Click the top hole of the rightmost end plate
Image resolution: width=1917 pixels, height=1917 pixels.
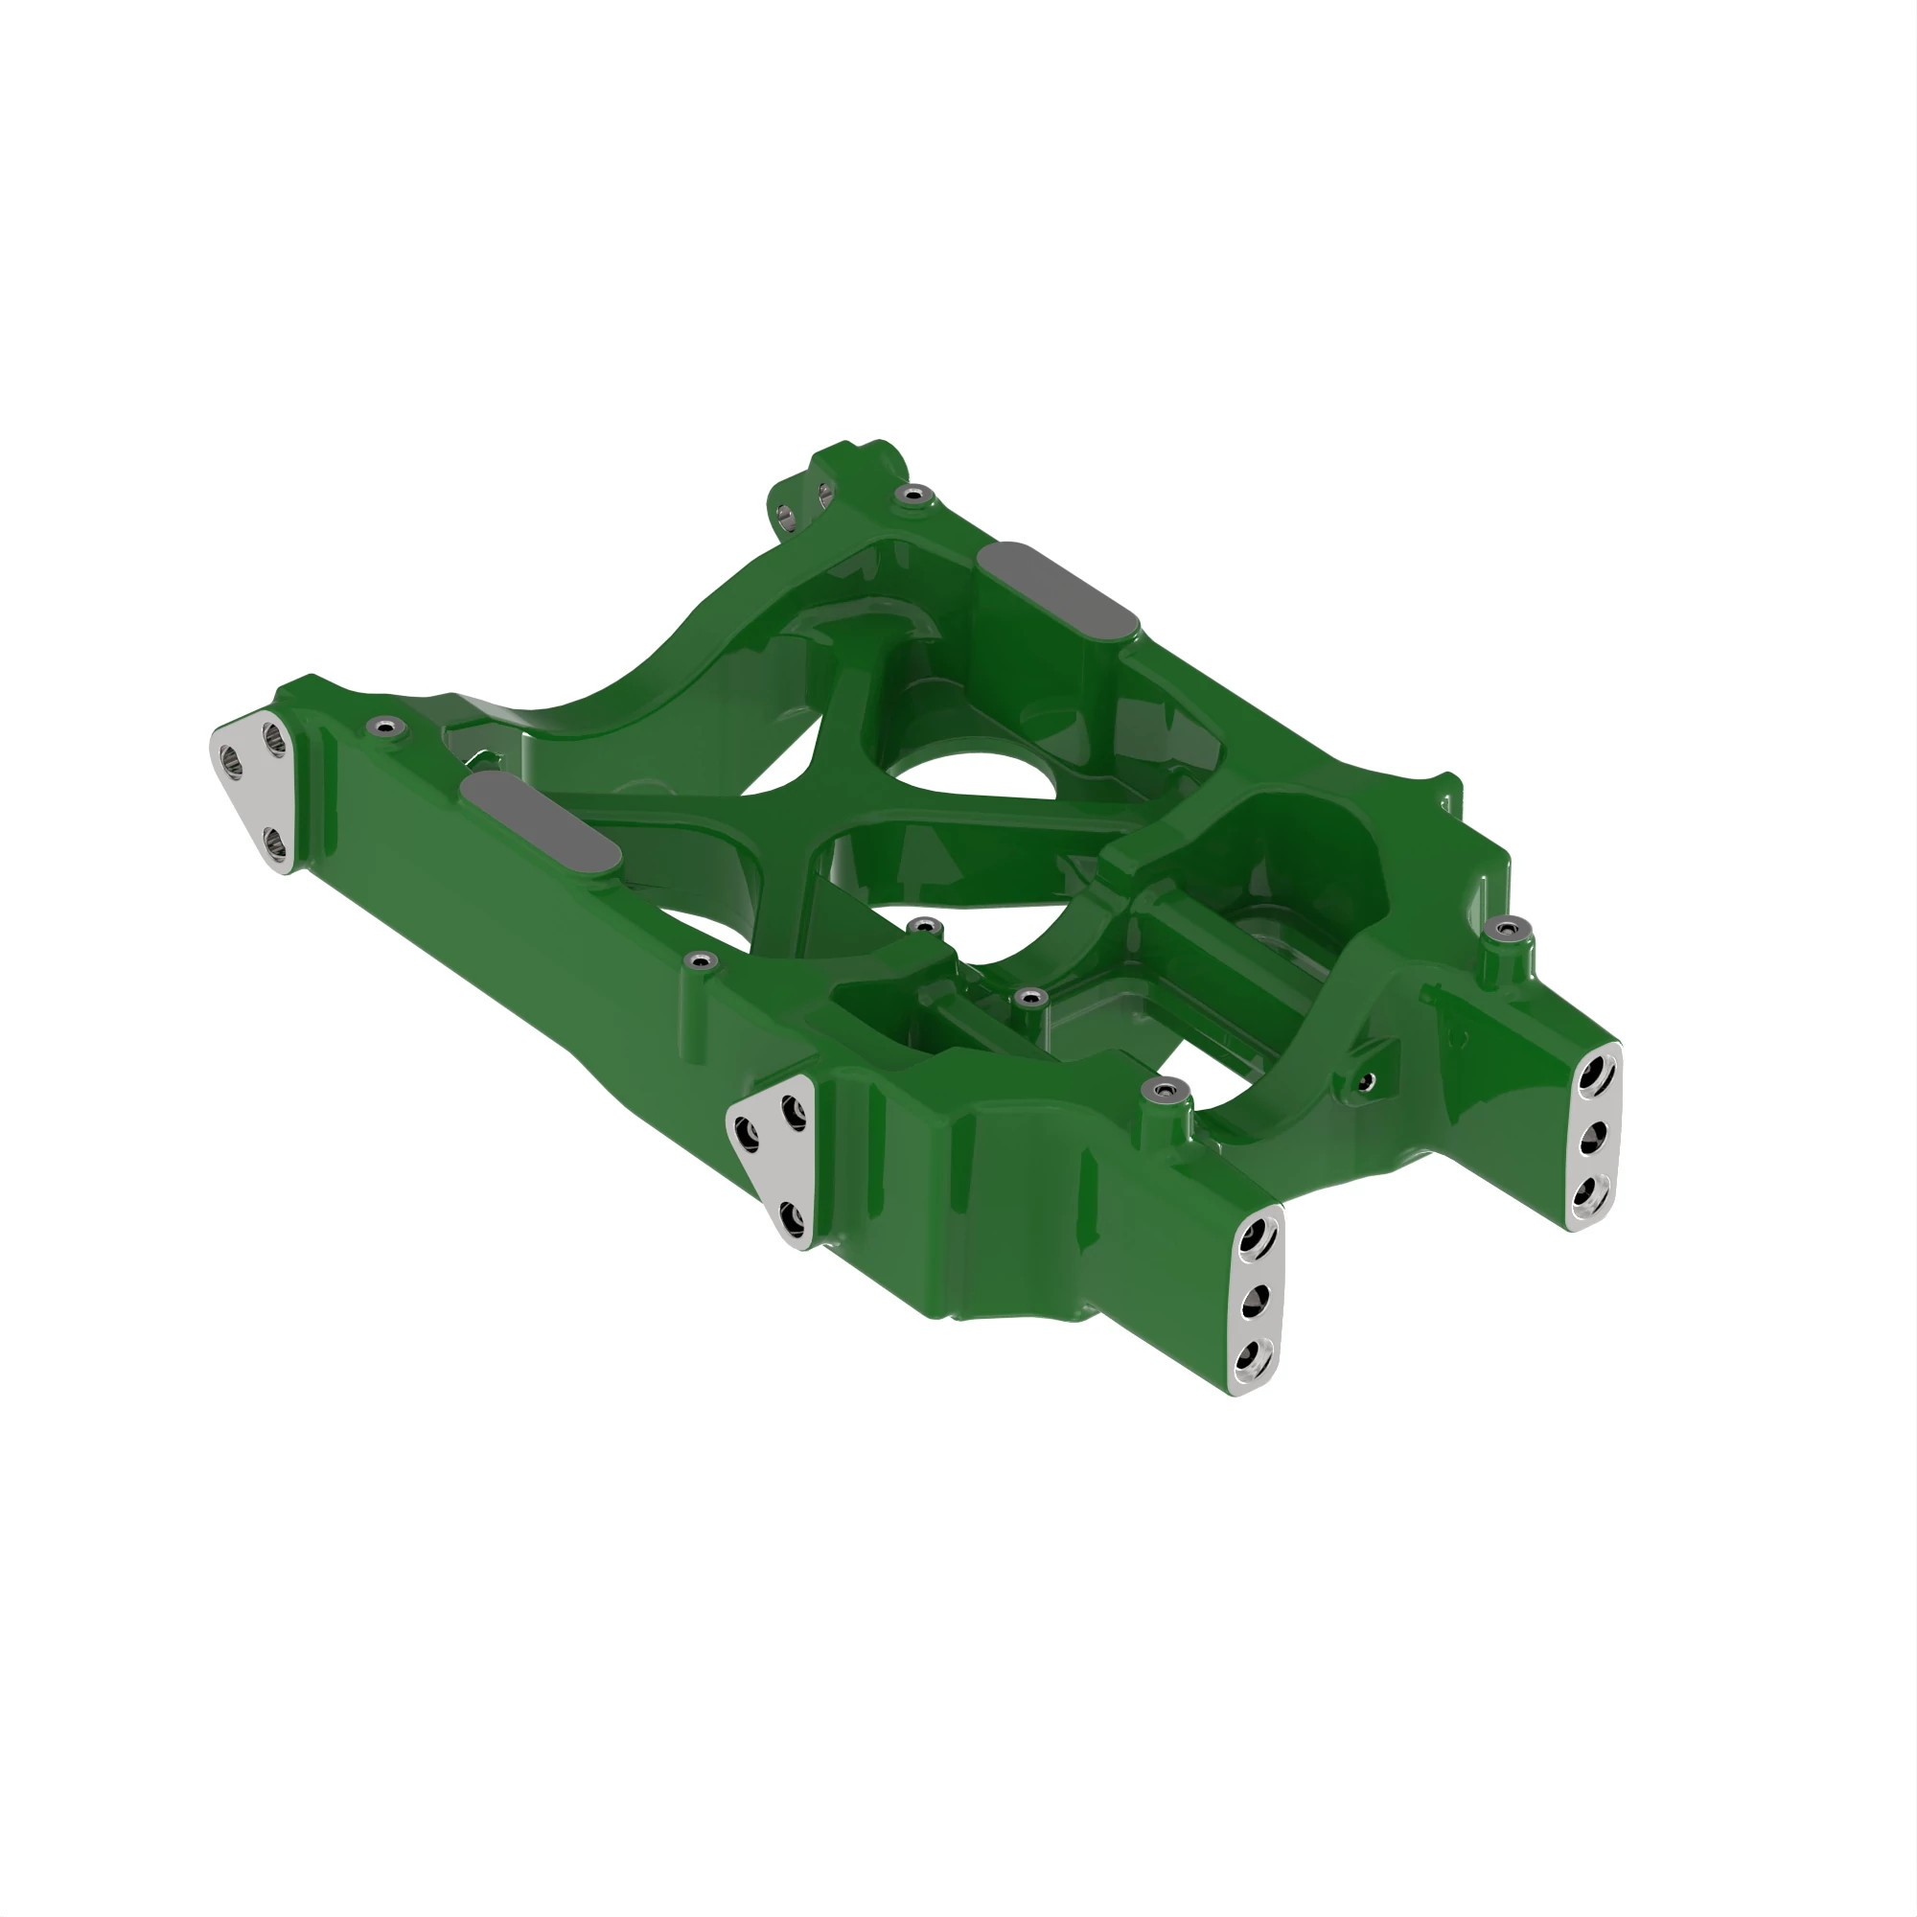point(1596,1074)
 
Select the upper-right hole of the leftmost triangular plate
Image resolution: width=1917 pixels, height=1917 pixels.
point(274,737)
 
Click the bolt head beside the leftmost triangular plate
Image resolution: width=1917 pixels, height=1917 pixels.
point(384,728)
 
